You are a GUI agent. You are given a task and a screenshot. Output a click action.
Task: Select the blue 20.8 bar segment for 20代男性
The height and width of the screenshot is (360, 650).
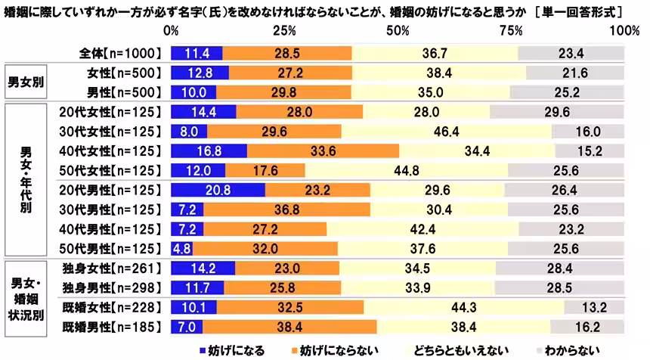click(218, 190)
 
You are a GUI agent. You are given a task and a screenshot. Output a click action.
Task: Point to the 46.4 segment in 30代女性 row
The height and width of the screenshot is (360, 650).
click(446, 131)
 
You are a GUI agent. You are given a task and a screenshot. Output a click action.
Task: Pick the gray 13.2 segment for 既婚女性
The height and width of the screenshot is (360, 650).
click(594, 307)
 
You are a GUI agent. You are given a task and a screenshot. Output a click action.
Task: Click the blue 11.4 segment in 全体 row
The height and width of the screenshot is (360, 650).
click(197, 53)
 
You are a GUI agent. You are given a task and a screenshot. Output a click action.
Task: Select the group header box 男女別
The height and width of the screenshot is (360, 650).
click(24, 82)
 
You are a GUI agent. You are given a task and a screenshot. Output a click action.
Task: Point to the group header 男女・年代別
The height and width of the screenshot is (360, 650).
click(24, 179)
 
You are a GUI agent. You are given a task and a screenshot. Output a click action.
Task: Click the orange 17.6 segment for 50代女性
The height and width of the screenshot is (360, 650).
click(265, 170)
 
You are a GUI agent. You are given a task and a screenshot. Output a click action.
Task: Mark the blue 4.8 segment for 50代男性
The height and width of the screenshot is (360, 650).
click(182, 249)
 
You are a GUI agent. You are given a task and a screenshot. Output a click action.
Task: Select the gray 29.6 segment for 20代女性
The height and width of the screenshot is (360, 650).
click(557, 111)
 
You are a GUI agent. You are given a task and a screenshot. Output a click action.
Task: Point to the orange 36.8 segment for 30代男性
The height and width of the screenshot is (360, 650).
click(287, 209)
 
